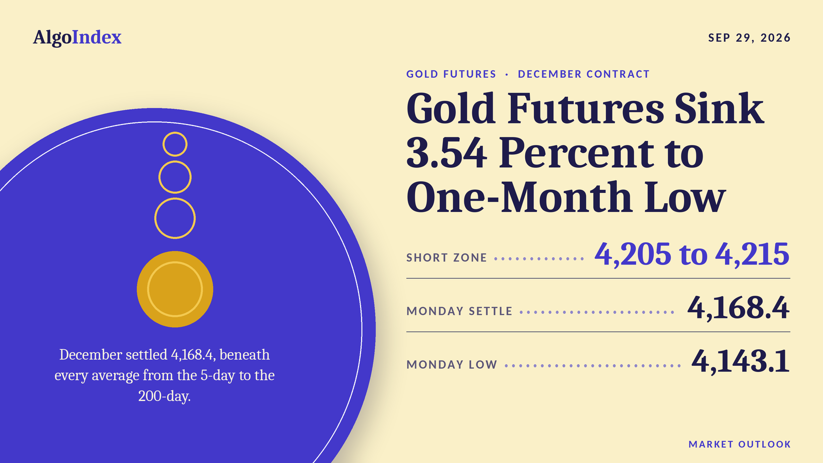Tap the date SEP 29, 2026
pyautogui.click(x=749, y=38)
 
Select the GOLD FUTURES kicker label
pyautogui.click(x=451, y=74)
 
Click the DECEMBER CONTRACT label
pyautogui.click(x=583, y=74)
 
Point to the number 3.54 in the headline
pyautogui.click(x=447, y=152)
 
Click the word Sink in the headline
pyautogui.click(x=720, y=109)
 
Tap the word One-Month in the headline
pyautogui.click(x=519, y=197)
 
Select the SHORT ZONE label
pyautogui.click(x=446, y=258)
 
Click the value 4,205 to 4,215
pyautogui.click(x=692, y=254)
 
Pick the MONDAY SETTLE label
pyautogui.click(x=459, y=311)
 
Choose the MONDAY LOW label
pyautogui.click(x=452, y=365)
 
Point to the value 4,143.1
pyautogui.click(x=741, y=361)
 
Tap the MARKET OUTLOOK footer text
pyautogui.click(x=740, y=444)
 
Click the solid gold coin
pyautogui.click(x=175, y=289)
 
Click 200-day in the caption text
pyautogui.click(x=164, y=396)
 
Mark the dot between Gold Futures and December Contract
pyautogui.click(x=507, y=74)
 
